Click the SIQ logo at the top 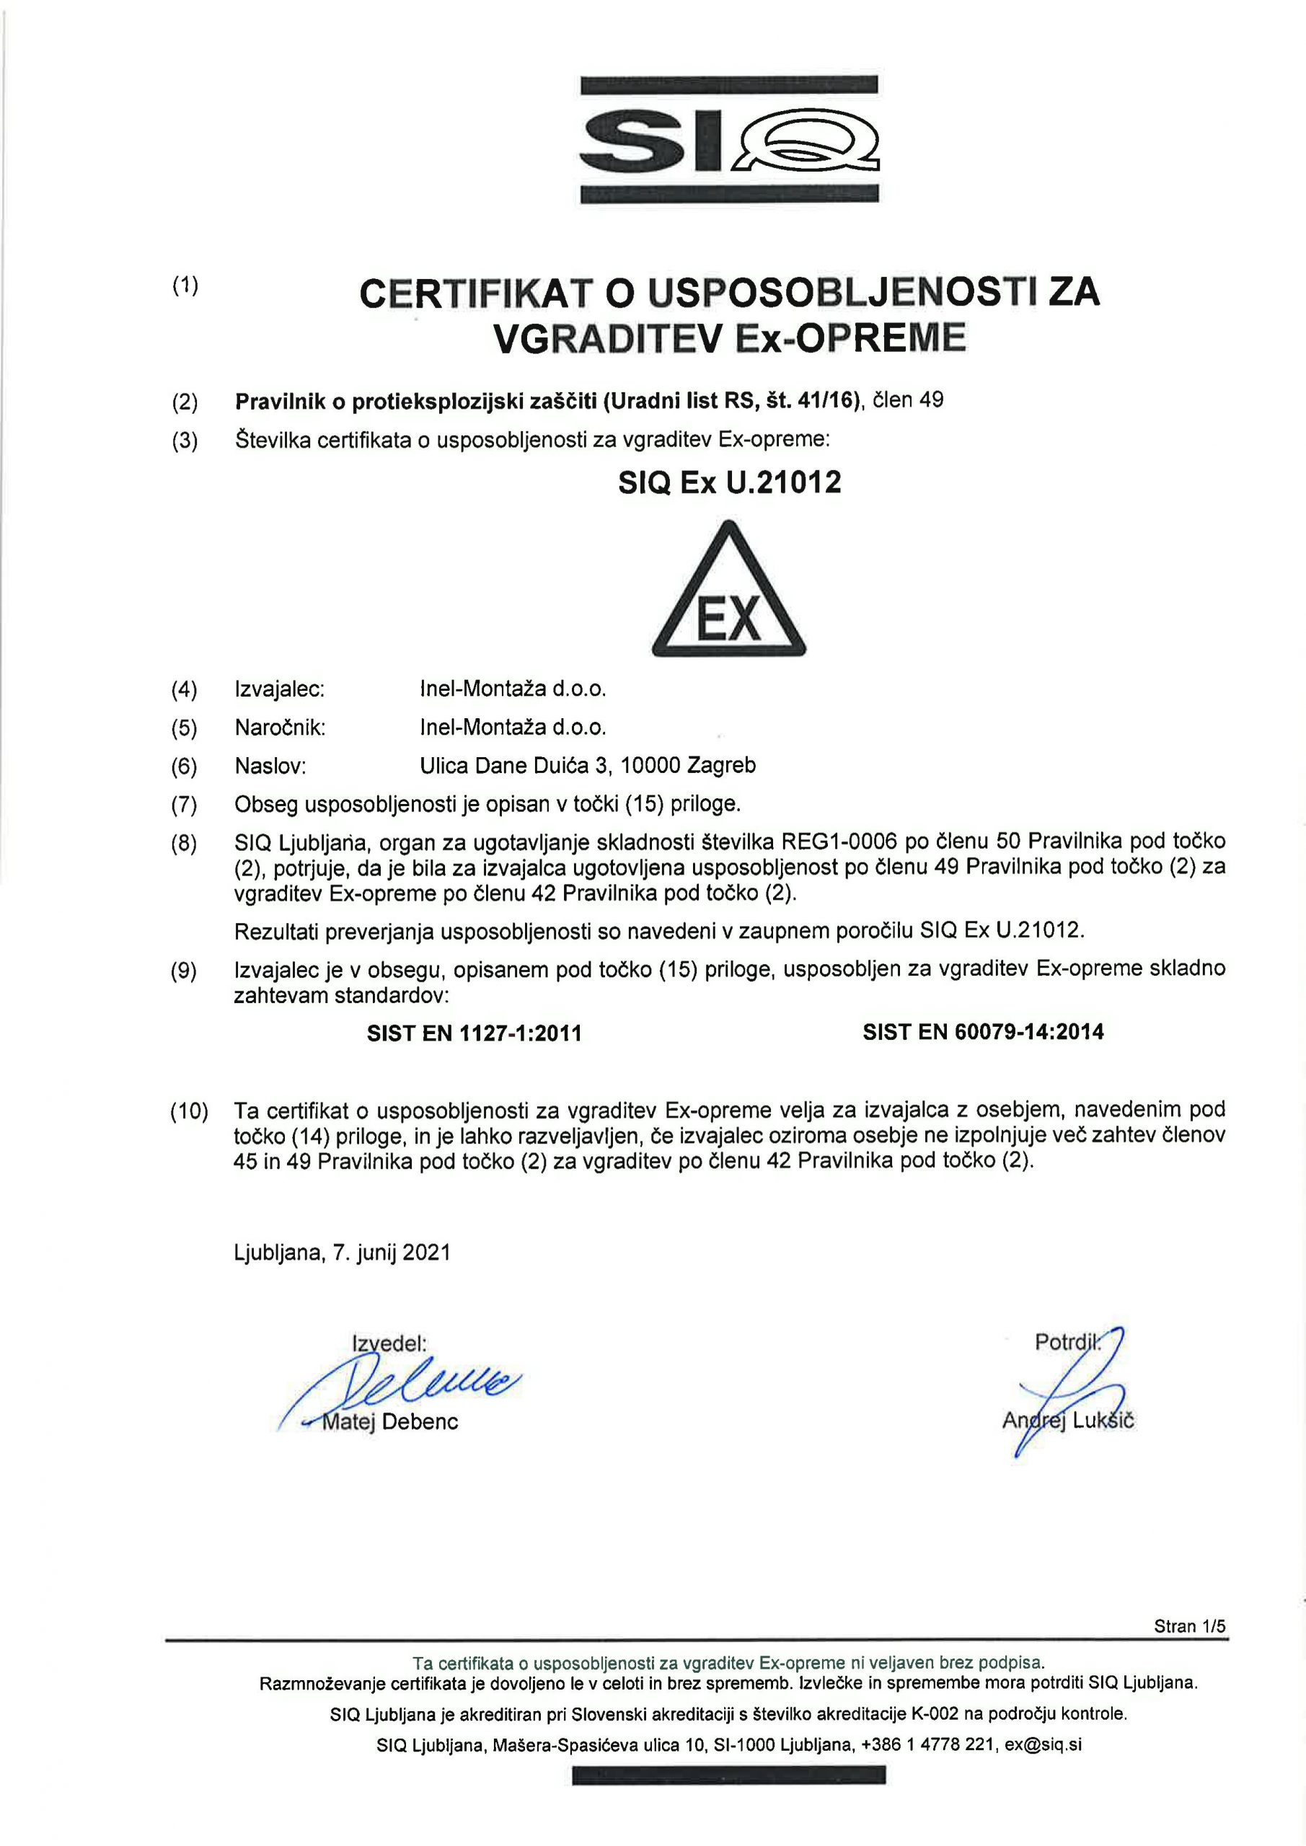[x=728, y=139]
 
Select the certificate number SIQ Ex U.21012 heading [x=728, y=482]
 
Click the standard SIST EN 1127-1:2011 [x=474, y=1033]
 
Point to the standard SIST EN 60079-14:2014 [x=983, y=1033]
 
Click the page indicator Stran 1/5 [x=1189, y=1625]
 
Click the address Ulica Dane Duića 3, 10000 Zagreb [x=588, y=765]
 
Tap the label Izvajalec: [x=279, y=689]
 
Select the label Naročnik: [x=280, y=728]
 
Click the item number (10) [x=188, y=1112]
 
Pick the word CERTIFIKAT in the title [x=475, y=295]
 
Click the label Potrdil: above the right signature [x=1066, y=1343]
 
